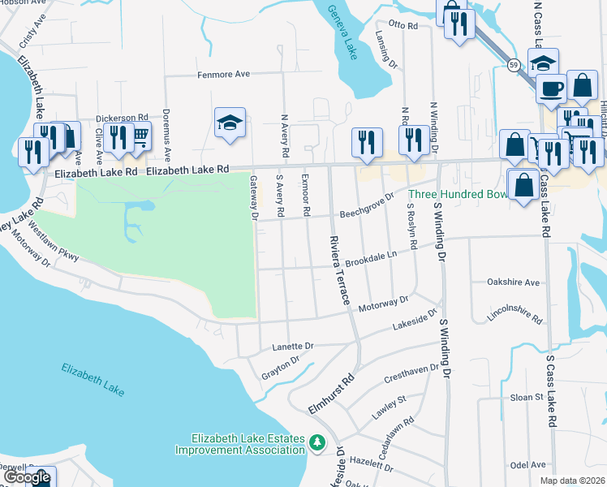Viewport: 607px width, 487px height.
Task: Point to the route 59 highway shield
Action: [514, 64]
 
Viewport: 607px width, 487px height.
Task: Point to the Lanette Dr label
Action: [293, 346]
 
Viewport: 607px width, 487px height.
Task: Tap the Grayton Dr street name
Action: [281, 368]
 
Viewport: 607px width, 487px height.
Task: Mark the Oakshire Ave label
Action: [513, 282]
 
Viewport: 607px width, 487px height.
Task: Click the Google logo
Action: [27, 477]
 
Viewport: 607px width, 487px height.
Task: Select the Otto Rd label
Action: [403, 26]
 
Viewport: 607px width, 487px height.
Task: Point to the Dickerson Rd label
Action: [122, 118]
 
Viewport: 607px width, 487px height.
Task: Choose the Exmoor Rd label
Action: [306, 195]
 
